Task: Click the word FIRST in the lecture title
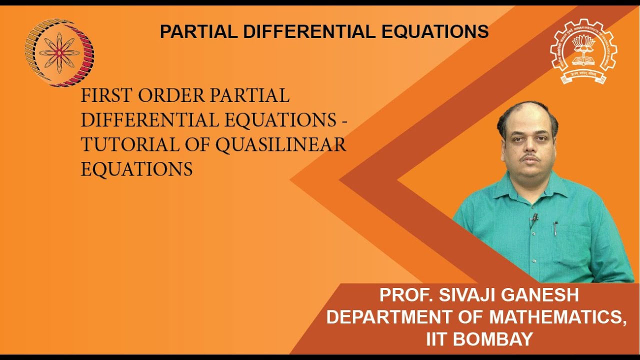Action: coord(104,96)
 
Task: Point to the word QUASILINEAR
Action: coord(281,145)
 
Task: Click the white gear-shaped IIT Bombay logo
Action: coord(583,51)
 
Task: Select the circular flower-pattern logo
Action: coord(59,52)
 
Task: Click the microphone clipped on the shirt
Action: coord(534,218)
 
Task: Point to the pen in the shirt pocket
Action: coord(555,229)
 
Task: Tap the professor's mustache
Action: coord(529,159)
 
